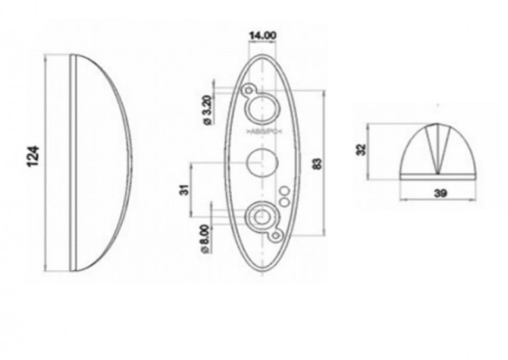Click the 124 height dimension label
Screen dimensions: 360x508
(37, 155)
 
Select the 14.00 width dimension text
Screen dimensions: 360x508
(262, 35)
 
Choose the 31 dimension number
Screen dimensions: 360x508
(184, 189)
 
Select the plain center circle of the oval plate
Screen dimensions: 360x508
(262, 162)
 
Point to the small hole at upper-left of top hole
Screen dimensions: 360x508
(248, 89)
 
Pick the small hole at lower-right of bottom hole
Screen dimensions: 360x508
(276, 233)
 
